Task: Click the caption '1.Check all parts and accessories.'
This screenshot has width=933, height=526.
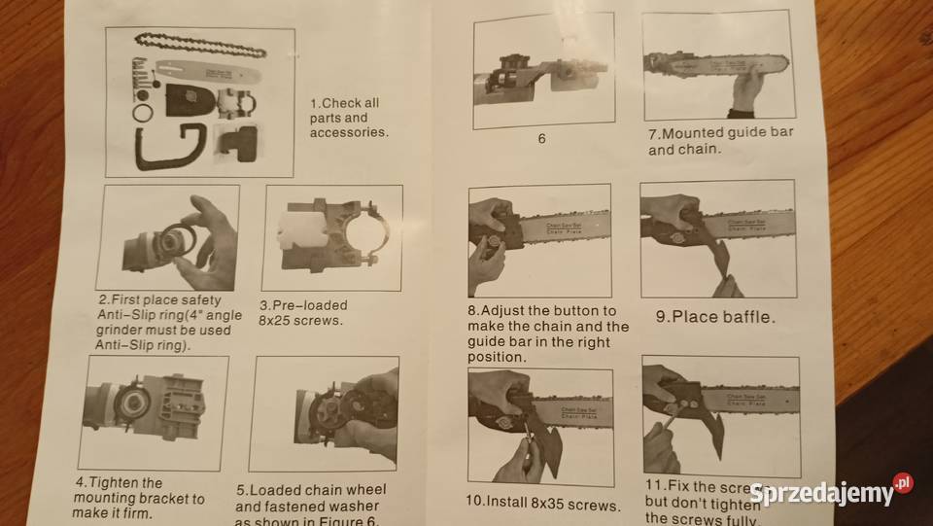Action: click(348, 117)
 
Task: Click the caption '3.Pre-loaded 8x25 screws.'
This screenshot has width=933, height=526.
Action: click(302, 312)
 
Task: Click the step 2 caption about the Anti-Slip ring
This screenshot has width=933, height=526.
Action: click(164, 322)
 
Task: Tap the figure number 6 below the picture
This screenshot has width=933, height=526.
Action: click(541, 138)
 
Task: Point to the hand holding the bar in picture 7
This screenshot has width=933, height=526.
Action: click(746, 88)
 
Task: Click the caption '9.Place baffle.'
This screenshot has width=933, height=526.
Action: click(714, 316)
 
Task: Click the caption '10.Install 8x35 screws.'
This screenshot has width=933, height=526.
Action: click(541, 505)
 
